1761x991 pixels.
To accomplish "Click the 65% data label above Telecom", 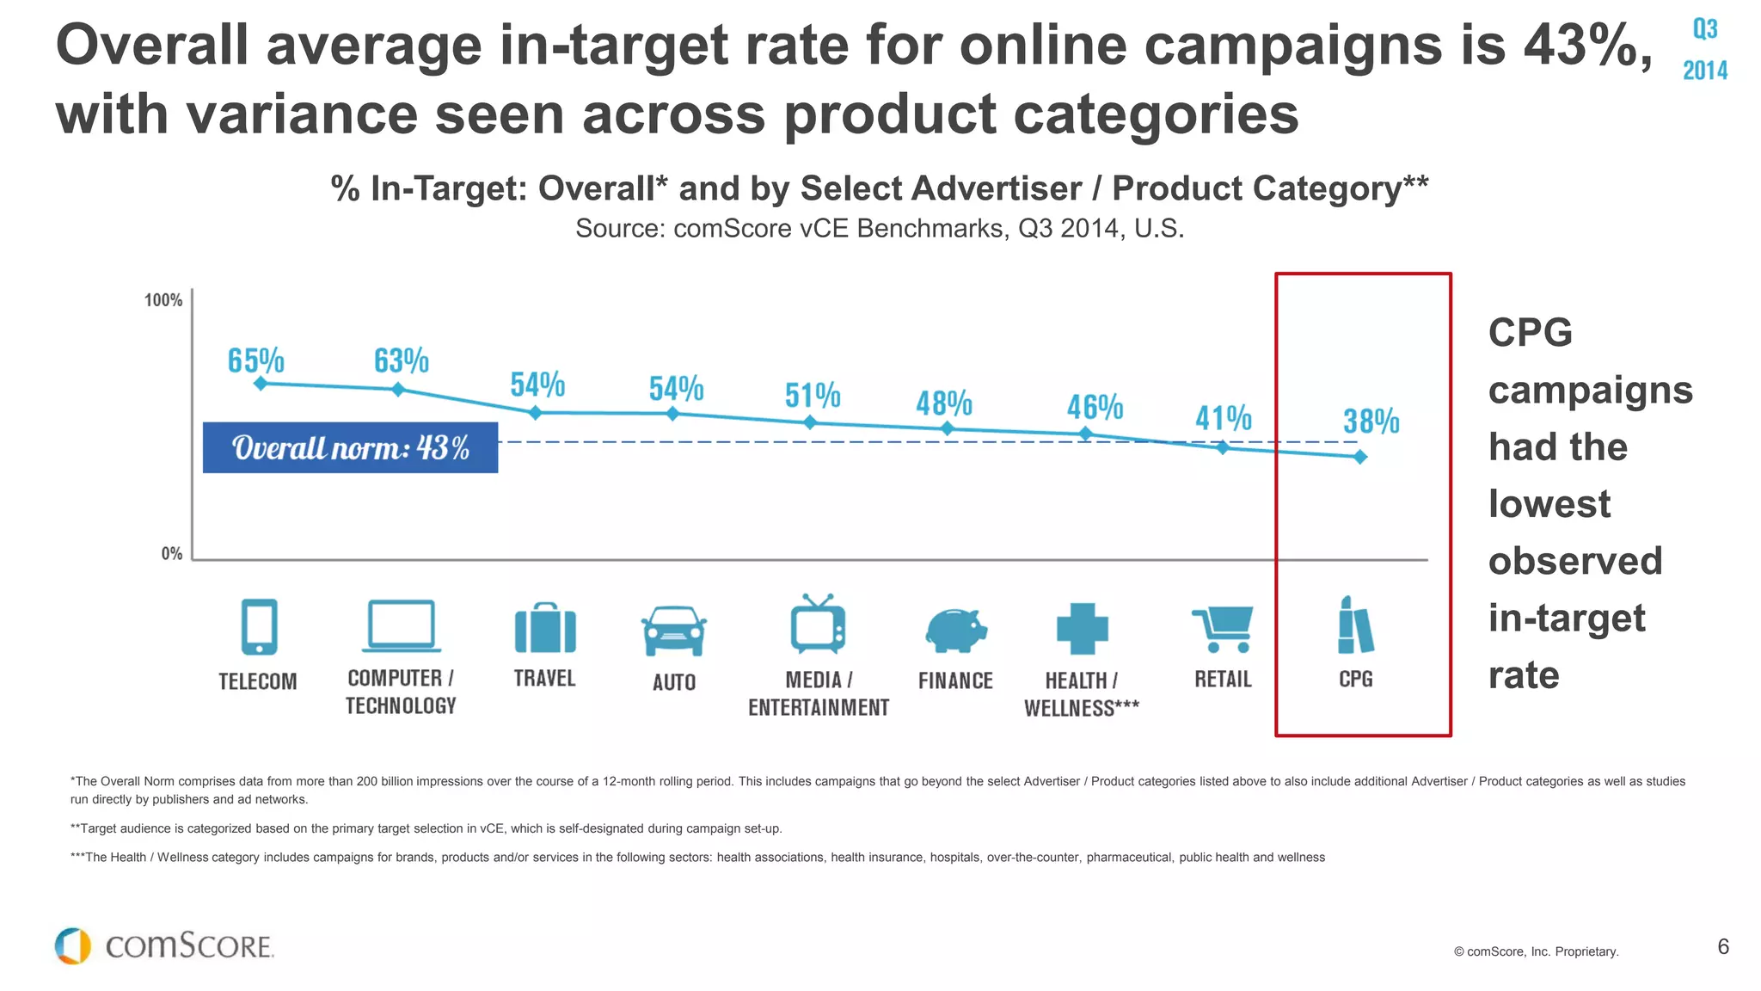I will (x=255, y=360).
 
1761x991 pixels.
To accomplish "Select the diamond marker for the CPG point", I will (x=1360, y=457).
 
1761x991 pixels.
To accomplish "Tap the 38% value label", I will (x=1371, y=422).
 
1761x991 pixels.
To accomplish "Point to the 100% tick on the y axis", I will (x=163, y=300).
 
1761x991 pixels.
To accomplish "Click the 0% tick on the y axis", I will (x=172, y=554).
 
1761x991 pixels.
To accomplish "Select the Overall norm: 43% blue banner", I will (x=350, y=447).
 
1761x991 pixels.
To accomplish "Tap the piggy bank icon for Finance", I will (x=955, y=631).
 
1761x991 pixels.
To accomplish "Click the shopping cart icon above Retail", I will (x=1223, y=629).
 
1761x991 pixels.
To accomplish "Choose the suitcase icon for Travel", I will (x=545, y=629).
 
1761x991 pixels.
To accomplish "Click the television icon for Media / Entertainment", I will (x=818, y=625).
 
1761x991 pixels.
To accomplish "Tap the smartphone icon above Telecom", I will (x=259, y=627).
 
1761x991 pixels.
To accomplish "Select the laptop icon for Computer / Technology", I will (x=401, y=625).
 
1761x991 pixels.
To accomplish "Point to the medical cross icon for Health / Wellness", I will (x=1082, y=629).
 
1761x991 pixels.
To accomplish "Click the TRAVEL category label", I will (x=544, y=679).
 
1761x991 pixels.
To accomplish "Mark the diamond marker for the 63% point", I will (x=398, y=390).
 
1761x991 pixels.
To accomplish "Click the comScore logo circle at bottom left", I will (x=73, y=946).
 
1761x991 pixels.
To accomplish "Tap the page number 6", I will (x=1722, y=947).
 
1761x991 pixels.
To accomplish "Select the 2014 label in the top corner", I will (x=1704, y=71).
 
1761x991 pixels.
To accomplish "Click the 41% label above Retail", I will (x=1223, y=419).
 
